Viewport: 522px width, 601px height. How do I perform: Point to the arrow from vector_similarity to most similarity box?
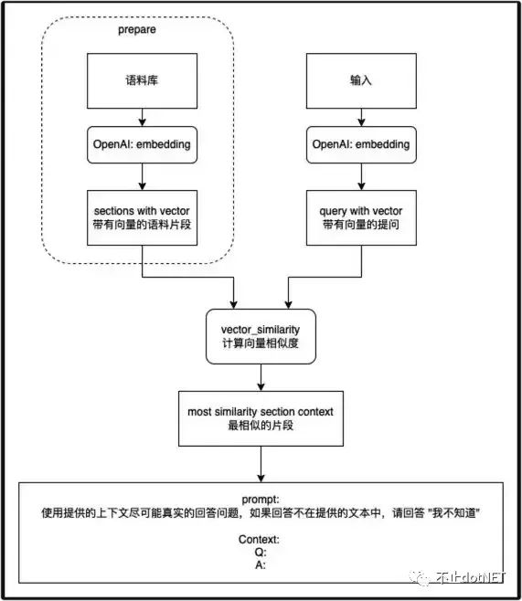pyautogui.click(x=262, y=375)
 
